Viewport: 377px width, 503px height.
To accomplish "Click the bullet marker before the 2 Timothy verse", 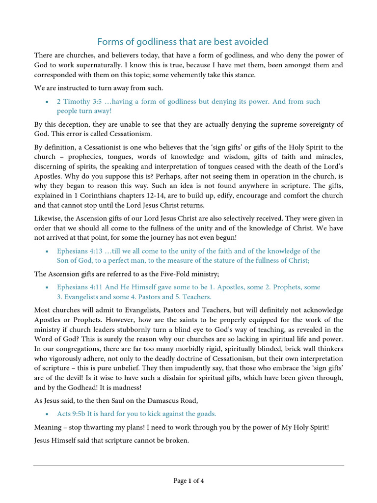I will [x=47, y=102].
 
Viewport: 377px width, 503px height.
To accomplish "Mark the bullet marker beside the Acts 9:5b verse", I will [x=47, y=414].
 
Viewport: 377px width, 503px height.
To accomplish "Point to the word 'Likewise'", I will [x=47, y=218].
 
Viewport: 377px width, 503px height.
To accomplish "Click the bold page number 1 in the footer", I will [x=189, y=481].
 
